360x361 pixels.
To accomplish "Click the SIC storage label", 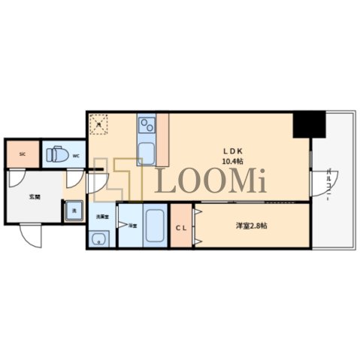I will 22,153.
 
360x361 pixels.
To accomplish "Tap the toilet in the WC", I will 56,155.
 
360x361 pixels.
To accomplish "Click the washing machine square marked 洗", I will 74,212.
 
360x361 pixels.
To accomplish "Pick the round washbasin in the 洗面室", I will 97,240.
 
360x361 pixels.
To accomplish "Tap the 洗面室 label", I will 101,217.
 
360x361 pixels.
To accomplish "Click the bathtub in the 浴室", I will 155,226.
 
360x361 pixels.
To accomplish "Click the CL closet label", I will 181,228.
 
